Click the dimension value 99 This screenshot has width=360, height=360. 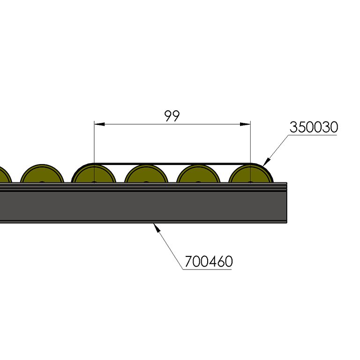[x=172, y=116]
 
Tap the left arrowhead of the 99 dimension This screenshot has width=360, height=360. [x=99, y=124]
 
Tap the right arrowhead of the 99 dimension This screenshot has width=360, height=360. [x=245, y=124]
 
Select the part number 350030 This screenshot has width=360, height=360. [x=314, y=127]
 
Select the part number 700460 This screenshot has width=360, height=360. [x=209, y=261]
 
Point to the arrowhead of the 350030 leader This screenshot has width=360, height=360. [x=267, y=162]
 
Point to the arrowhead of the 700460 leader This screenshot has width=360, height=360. [x=157, y=227]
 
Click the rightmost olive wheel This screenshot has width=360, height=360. [x=251, y=174]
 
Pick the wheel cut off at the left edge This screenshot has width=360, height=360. [x=5, y=175]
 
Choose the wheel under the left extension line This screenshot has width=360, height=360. [x=94, y=174]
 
